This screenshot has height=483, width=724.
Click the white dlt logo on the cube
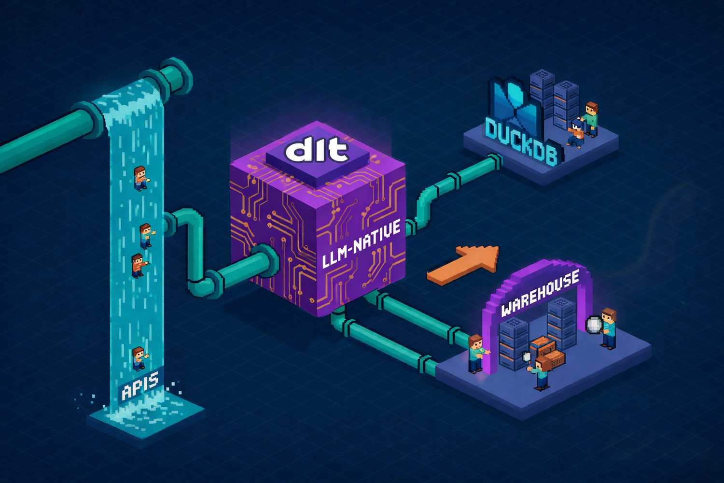click(317, 150)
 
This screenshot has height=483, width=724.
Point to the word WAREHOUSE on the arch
click(540, 293)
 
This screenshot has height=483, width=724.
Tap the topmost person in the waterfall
click(140, 178)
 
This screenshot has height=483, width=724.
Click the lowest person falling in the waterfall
click(139, 358)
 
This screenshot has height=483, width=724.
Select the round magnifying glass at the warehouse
click(594, 325)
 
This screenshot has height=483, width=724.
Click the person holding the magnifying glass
click(609, 328)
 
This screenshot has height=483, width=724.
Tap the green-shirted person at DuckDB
click(591, 118)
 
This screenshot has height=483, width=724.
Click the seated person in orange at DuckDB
click(576, 133)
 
